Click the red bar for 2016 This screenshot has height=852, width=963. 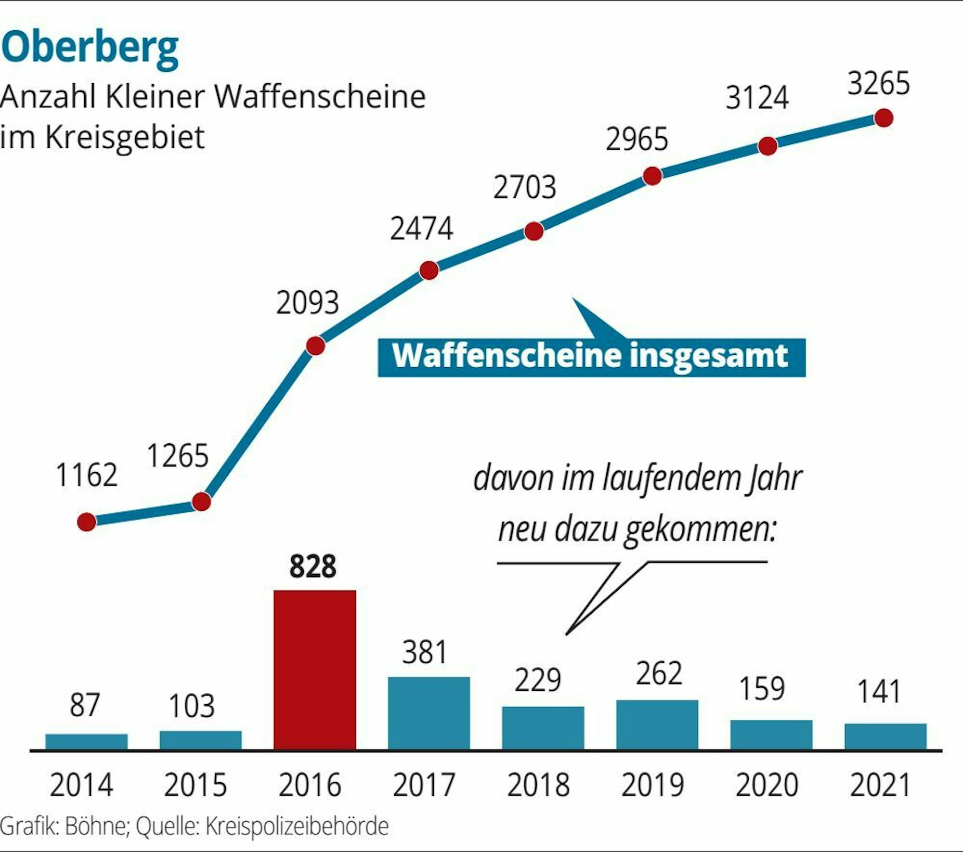tap(315, 670)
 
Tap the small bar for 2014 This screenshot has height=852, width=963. tap(87, 741)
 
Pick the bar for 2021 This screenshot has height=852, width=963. tap(885, 736)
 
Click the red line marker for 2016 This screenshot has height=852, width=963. tap(315, 346)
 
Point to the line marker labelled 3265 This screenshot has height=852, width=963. tap(884, 118)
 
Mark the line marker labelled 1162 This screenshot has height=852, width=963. tap(87, 522)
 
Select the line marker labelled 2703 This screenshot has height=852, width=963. tap(534, 231)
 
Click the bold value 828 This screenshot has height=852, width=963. tap(313, 567)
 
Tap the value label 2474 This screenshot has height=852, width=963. tap(421, 228)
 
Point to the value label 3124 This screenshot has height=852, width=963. tap(757, 98)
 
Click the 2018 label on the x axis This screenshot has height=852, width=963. tap(538, 786)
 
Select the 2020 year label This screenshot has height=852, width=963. tap(767, 786)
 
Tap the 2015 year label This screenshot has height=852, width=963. tap(195, 786)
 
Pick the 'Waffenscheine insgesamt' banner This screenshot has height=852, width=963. tap(591, 357)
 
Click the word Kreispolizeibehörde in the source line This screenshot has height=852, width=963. tap(297, 826)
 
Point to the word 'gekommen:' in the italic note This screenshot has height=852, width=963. tap(701, 529)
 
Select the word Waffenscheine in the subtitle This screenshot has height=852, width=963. tap(320, 97)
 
